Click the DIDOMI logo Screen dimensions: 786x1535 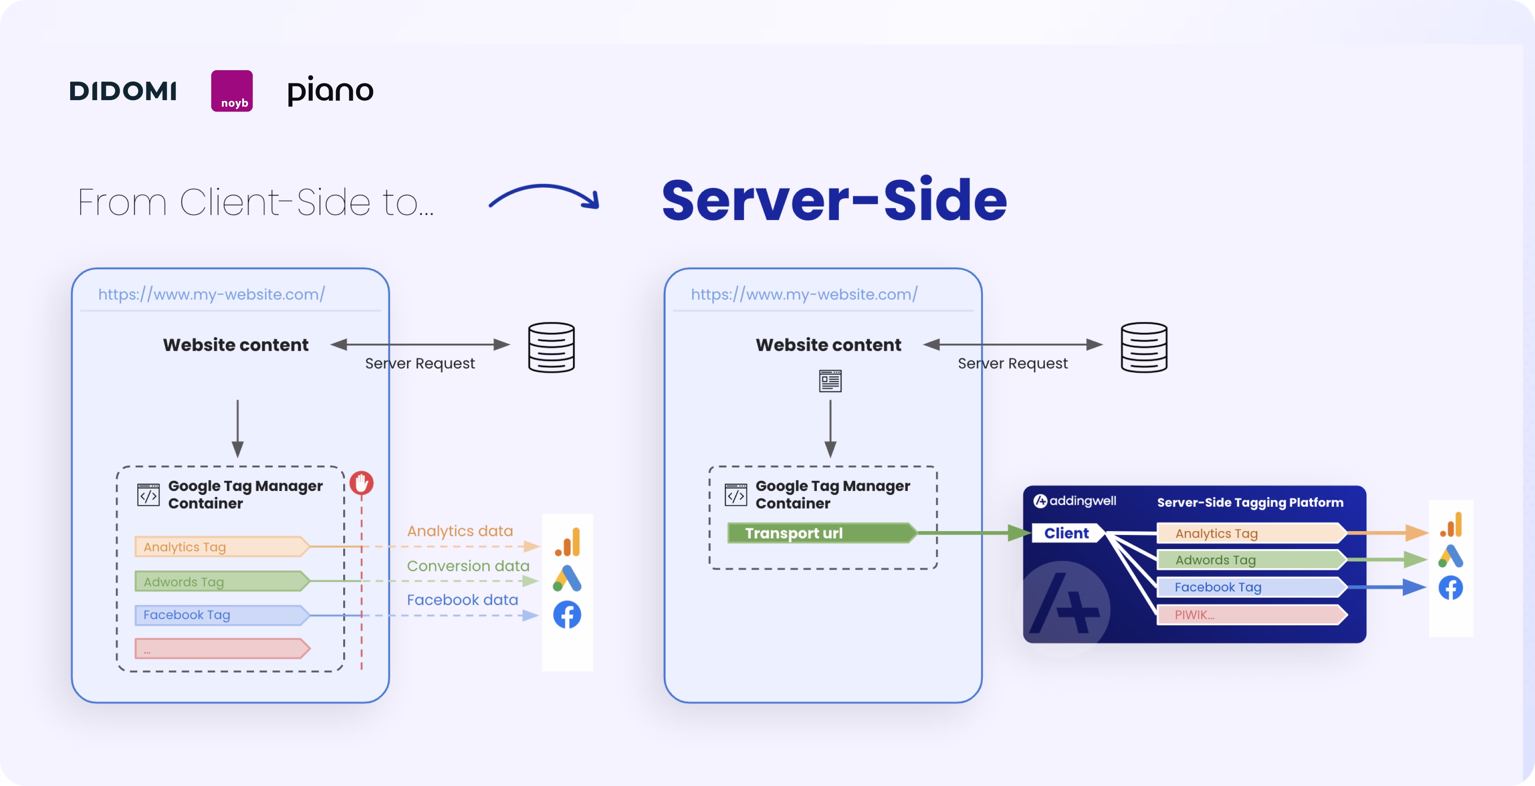pos(123,91)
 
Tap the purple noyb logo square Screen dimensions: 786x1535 pos(232,90)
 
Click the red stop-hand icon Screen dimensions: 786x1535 pos(361,483)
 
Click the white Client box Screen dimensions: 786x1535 pos(1067,533)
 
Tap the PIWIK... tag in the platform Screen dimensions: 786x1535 pos(1250,615)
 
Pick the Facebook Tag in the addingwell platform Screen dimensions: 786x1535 pos(1250,587)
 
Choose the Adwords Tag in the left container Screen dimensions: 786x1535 pos(221,581)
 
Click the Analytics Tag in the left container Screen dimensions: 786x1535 pos(221,546)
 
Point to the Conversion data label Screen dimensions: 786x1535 pos(468,565)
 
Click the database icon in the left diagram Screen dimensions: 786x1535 pos(551,348)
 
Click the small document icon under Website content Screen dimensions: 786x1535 pos(830,381)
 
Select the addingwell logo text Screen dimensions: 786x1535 pos(1075,501)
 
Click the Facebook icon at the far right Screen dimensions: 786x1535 pos(1450,588)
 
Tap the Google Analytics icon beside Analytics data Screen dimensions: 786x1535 pos(567,542)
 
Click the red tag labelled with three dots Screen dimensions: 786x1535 pos(221,648)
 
